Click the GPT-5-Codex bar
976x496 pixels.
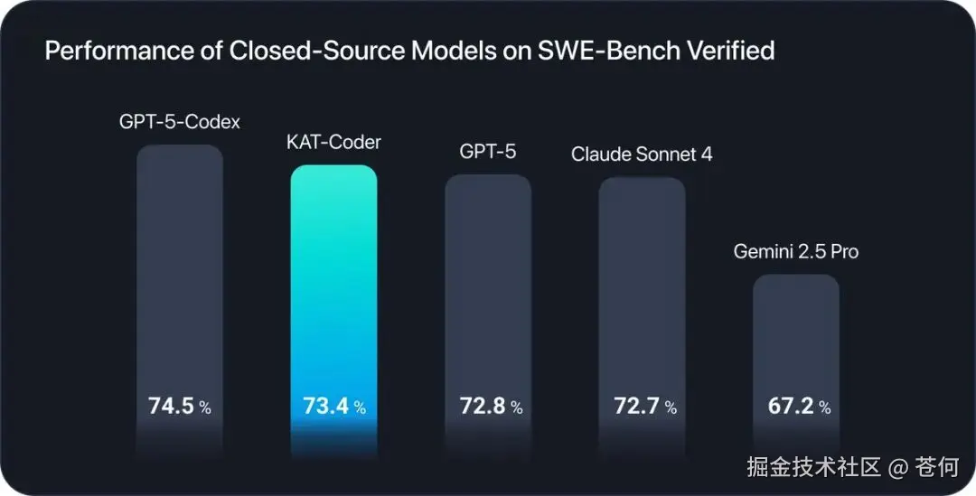click(x=180, y=271)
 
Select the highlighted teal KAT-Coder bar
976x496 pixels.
click(x=333, y=280)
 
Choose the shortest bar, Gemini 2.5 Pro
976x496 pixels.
click(x=796, y=334)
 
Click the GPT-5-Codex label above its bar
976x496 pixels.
click(x=180, y=121)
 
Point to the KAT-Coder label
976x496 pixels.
click(x=333, y=143)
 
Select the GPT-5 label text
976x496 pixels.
click(x=488, y=152)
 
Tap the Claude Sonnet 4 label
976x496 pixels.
click(x=642, y=154)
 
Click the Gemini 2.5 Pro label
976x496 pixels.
click(x=796, y=251)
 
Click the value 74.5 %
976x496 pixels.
click(x=180, y=407)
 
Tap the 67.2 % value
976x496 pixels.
click(x=799, y=407)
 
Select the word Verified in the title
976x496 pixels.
click(x=733, y=51)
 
